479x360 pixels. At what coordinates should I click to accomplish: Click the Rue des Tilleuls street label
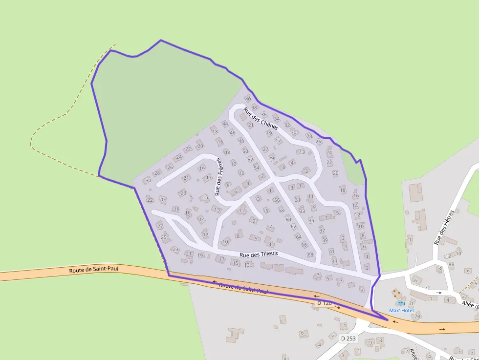259,254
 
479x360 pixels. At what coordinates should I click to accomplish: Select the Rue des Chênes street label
261,119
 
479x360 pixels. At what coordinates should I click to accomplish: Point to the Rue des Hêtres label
444,227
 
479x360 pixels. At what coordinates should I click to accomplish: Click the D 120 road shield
324,303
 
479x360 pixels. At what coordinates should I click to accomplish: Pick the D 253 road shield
348,338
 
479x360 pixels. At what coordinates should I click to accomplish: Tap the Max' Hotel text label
401,311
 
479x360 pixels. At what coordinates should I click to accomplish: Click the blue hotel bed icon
401,303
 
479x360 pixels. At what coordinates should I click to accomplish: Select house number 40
248,99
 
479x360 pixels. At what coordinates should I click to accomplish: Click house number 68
310,254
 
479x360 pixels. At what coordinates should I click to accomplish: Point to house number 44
225,124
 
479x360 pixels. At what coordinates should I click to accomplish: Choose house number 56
277,200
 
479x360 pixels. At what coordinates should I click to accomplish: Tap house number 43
334,261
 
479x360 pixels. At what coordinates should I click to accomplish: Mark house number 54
257,168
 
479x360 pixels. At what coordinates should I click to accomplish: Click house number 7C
412,303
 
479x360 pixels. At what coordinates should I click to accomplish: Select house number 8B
451,264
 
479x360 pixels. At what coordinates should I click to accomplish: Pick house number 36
264,114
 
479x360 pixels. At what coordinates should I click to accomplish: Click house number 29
271,158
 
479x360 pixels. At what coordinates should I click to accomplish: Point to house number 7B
417,316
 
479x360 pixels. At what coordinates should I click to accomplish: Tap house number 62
293,227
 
